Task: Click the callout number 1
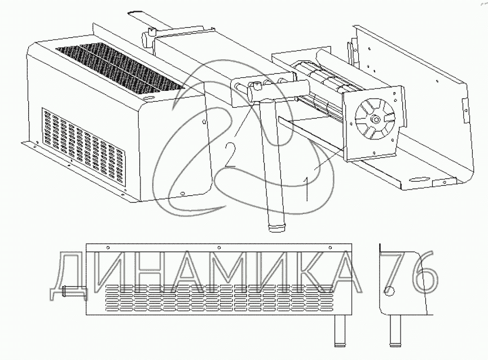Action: point(306,188)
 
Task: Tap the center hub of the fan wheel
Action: point(376,119)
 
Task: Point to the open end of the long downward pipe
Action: point(276,228)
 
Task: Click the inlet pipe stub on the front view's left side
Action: point(74,292)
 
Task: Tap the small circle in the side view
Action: point(389,291)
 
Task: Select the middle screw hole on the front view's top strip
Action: point(219,248)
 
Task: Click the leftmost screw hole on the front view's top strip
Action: point(108,248)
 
